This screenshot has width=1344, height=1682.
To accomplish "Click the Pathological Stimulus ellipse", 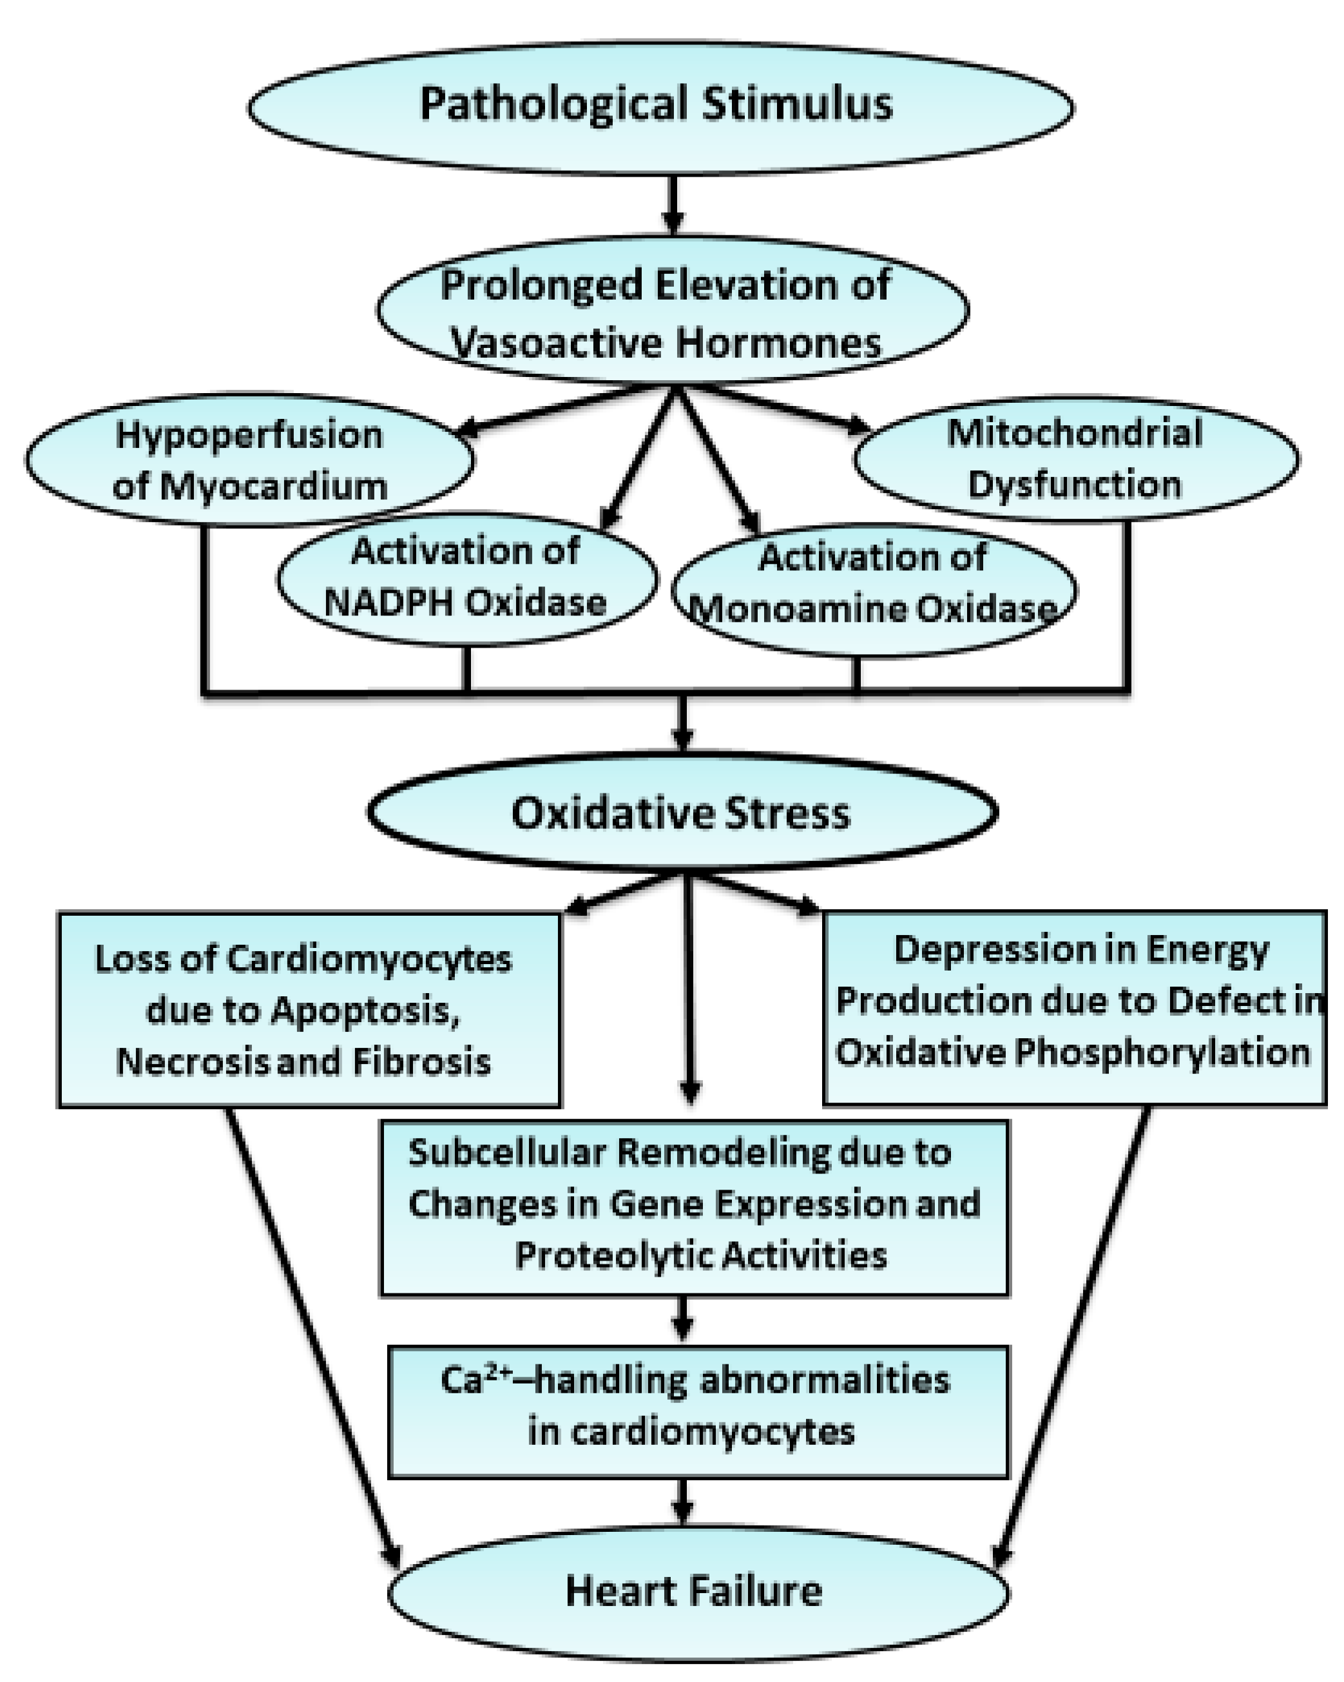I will (x=660, y=107).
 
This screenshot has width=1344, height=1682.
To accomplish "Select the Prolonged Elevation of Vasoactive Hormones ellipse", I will (x=673, y=311).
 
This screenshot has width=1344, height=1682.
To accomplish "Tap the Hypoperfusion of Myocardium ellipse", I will (x=249, y=460).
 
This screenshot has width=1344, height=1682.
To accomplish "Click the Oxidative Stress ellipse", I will (x=682, y=812).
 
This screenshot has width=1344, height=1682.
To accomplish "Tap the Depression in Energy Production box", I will (x=1075, y=1007).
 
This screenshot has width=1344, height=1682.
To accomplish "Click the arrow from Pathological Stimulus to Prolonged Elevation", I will (x=673, y=204).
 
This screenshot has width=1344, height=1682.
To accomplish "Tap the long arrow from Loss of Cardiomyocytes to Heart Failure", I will (x=312, y=1334).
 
